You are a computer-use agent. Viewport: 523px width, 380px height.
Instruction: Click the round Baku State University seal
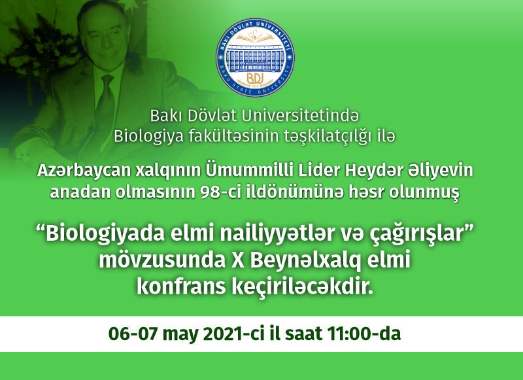(x=255, y=58)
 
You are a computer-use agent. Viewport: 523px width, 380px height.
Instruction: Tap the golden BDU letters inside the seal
(x=255, y=78)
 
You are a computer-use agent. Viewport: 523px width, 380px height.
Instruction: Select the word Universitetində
(x=299, y=116)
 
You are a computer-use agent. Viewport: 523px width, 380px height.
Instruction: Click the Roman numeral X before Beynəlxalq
(x=238, y=260)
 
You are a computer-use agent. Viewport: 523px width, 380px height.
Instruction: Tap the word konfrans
(x=182, y=286)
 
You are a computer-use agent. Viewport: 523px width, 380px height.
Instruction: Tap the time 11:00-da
(x=364, y=334)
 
